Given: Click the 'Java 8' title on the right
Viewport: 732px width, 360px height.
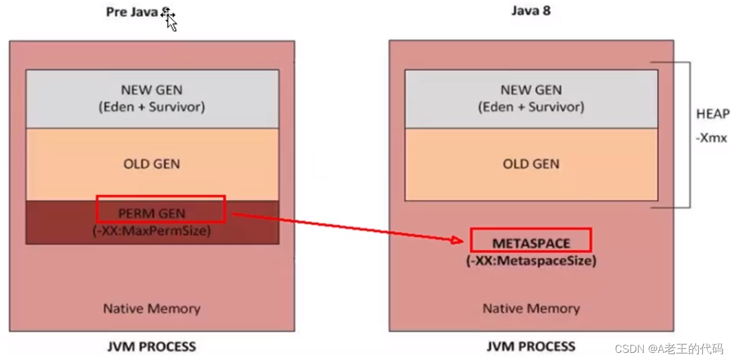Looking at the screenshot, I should [531, 11].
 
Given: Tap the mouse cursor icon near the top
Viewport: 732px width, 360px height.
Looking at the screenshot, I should [170, 20].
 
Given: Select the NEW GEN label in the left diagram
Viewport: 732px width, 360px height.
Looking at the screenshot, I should [152, 90].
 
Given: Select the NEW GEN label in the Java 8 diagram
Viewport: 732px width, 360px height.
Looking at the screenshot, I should [531, 90].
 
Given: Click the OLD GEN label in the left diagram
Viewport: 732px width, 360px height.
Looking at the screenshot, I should [152, 164].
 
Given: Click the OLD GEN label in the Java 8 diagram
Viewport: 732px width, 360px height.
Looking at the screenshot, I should [531, 164].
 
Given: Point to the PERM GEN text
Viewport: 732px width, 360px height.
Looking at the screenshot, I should [152, 213].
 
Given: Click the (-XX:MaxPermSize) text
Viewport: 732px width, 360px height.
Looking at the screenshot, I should [152, 231].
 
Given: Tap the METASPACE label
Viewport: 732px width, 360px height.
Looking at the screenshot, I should [531, 243].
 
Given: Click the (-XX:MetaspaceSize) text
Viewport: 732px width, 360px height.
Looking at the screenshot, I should [531, 261].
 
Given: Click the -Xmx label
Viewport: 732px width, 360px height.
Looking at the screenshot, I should [712, 138].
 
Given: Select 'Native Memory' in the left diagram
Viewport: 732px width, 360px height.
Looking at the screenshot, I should [152, 309].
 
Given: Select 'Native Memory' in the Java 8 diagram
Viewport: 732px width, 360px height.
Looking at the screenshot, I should [531, 309].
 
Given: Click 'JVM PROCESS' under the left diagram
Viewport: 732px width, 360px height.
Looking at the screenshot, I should [152, 346].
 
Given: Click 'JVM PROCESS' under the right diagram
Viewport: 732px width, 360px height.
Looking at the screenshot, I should [531, 346].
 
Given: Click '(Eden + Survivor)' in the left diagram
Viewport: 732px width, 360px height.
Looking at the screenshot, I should [152, 108].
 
